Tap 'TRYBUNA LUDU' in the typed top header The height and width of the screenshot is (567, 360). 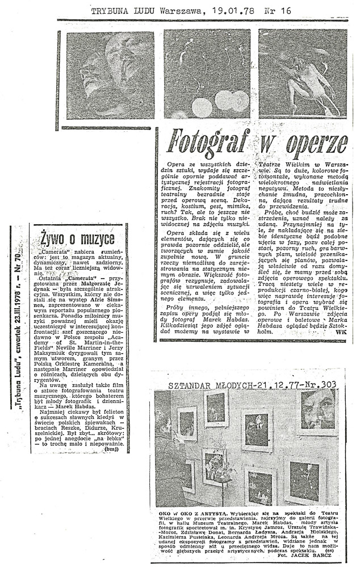point(120,10)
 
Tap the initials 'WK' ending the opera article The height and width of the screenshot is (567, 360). point(340,333)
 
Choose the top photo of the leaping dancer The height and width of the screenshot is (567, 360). point(303,74)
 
